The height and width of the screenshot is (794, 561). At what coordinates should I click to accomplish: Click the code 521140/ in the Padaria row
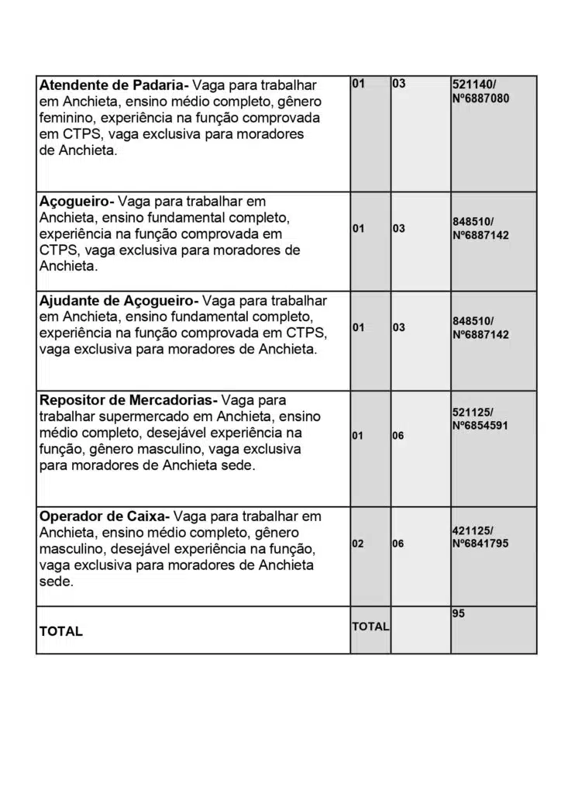(x=474, y=83)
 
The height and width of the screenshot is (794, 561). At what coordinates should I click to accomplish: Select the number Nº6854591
(x=480, y=426)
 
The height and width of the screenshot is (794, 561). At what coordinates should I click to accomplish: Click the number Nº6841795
(x=480, y=544)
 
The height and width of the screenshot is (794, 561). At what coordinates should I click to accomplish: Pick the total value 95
(x=458, y=613)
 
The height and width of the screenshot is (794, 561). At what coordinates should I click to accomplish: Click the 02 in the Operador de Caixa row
(x=358, y=544)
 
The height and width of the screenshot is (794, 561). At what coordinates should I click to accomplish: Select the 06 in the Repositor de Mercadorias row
(x=398, y=436)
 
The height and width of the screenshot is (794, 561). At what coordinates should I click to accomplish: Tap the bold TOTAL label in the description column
(x=61, y=632)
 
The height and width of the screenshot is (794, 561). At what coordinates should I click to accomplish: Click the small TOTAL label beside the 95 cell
(x=370, y=627)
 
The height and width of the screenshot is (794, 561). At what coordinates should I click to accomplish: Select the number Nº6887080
(x=480, y=98)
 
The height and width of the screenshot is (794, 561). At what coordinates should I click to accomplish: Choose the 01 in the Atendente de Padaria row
(x=358, y=83)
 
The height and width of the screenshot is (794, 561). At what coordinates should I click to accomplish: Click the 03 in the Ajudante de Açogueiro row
(x=398, y=328)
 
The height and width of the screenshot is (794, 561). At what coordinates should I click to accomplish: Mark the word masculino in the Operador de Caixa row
(x=72, y=549)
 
